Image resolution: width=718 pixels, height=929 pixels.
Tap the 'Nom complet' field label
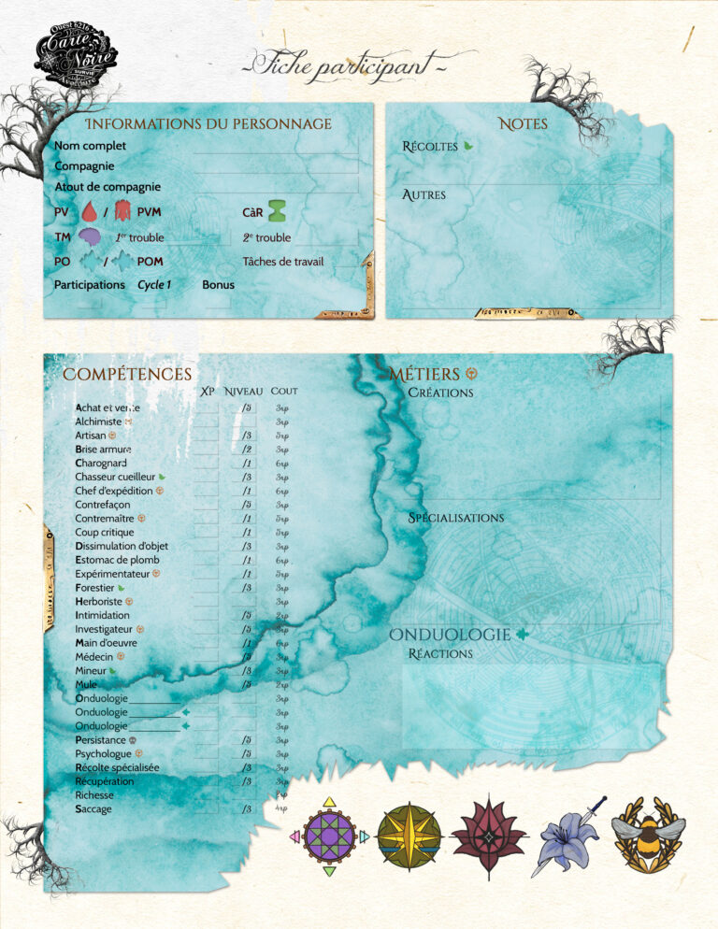click(x=90, y=146)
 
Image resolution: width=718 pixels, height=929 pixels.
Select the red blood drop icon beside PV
click(x=90, y=212)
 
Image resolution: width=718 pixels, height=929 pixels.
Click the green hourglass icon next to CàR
click(x=278, y=211)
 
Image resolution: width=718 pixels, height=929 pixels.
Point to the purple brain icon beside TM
click(x=90, y=238)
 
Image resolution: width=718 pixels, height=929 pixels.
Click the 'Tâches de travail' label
click(x=283, y=262)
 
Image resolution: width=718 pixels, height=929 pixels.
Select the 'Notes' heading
click(x=524, y=123)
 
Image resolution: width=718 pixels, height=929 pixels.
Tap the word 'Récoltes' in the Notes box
click(x=430, y=146)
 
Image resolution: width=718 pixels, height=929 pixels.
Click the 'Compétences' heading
click(x=127, y=375)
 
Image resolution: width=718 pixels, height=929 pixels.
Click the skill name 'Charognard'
click(x=101, y=463)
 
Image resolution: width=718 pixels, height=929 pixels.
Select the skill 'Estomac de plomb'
click(x=117, y=560)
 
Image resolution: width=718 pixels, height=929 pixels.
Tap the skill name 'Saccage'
click(x=93, y=808)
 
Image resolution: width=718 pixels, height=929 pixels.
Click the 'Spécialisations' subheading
click(x=456, y=518)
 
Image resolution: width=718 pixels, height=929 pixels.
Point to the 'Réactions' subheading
click(x=440, y=653)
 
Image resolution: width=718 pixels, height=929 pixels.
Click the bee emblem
click(x=648, y=835)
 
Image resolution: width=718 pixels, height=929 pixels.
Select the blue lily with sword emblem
click(x=567, y=835)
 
